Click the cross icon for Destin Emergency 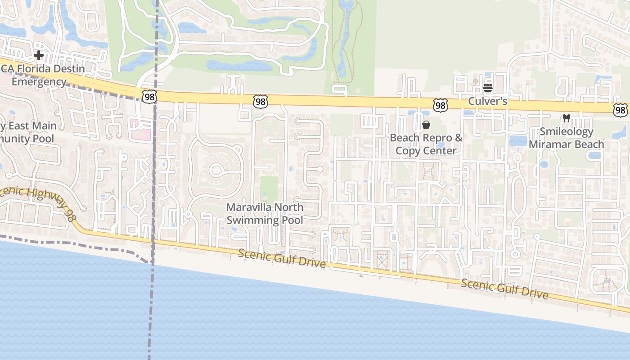39,56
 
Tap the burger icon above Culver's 488,88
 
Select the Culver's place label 488,101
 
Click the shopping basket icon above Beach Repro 426,125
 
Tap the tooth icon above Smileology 567,119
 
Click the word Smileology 567,132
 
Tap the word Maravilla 250,207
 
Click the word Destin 69,69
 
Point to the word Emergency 39,82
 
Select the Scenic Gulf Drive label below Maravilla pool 282,258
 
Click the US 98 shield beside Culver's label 441,106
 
